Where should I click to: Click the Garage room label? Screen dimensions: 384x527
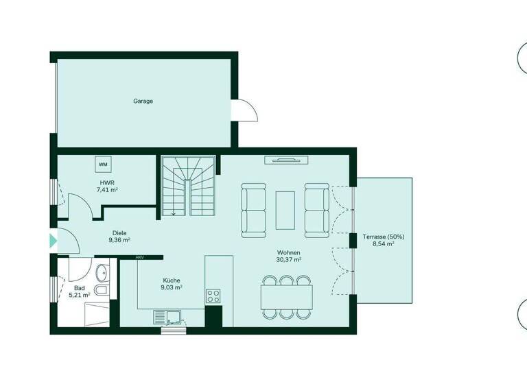tap(143, 101)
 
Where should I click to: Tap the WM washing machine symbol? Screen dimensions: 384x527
tap(103, 165)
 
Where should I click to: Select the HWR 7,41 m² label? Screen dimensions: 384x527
tap(106, 186)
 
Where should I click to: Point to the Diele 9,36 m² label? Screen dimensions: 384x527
tap(119, 237)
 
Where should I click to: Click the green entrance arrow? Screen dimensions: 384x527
tap(53, 241)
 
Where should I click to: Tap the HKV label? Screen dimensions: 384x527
tap(139, 257)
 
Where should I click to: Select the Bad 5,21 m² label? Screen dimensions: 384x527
tap(79, 291)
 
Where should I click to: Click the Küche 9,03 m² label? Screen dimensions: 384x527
tap(172, 284)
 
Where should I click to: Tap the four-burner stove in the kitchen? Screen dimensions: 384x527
tap(213, 296)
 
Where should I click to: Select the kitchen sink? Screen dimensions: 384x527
tap(169, 316)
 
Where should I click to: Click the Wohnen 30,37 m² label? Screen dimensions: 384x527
tap(288, 256)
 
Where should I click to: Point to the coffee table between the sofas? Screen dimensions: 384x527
tap(285, 209)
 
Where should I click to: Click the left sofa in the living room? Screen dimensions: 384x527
tap(253, 208)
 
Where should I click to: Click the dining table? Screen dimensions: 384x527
tap(287, 297)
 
